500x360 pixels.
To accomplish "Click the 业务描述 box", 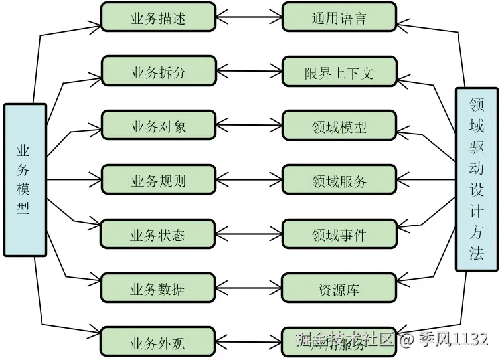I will [x=158, y=17].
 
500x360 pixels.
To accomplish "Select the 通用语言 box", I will [x=339, y=17].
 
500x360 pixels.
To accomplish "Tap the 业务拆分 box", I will [x=158, y=71].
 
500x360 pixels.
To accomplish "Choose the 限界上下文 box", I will [x=339, y=71].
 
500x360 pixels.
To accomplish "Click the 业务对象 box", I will [x=158, y=126].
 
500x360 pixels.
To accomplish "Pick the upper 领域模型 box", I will [x=339, y=126].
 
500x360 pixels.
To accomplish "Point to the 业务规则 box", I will [x=158, y=180].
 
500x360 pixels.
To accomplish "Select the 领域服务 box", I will [x=339, y=180].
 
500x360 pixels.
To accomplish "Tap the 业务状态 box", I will [x=158, y=234].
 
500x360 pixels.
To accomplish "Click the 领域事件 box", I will [x=339, y=234].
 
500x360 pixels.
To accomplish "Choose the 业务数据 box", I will [x=158, y=288].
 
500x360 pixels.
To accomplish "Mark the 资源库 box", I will [x=339, y=288].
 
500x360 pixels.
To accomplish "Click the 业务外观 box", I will [x=158, y=343].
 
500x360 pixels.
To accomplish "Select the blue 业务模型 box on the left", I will [x=25, y=179].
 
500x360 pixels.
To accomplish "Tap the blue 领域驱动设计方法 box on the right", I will [x=476, y=179].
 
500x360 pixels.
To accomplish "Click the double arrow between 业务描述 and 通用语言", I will [x=249, y=17].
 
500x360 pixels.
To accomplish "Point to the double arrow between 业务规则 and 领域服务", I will [x=249, y=180].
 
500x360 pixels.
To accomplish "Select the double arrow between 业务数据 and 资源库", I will [x=249, y=288].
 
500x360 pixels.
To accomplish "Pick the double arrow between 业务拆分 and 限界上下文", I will [x=249, y=71].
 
